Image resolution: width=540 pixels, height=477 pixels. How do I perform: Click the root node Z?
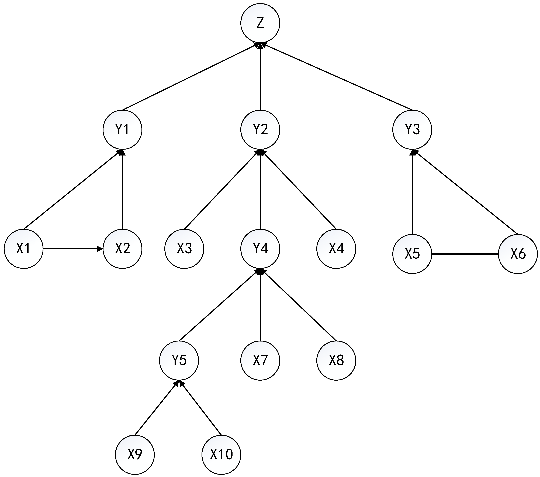coord(260,23)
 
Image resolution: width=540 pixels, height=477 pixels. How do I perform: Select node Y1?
coord(122,130)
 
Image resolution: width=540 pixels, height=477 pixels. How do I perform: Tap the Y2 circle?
coord(260,130)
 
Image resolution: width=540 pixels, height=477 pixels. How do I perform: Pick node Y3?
coord(412,130)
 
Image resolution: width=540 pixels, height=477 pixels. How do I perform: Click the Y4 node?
coord(260,249)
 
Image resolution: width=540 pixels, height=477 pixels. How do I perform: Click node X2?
coord(122,249)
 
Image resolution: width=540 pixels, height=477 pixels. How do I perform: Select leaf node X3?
coord(184,249)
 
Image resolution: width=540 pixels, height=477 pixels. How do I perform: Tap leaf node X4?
coord(336,249)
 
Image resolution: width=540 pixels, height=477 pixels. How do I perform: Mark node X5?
coord(412,254)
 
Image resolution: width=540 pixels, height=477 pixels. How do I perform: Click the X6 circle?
coord(518,254)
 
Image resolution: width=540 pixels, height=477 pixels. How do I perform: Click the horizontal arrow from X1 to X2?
coord(73,249)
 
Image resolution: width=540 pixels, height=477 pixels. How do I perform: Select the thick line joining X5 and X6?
coord(465,254)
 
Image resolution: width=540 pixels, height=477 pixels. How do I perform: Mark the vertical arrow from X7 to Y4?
coord(260,307)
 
